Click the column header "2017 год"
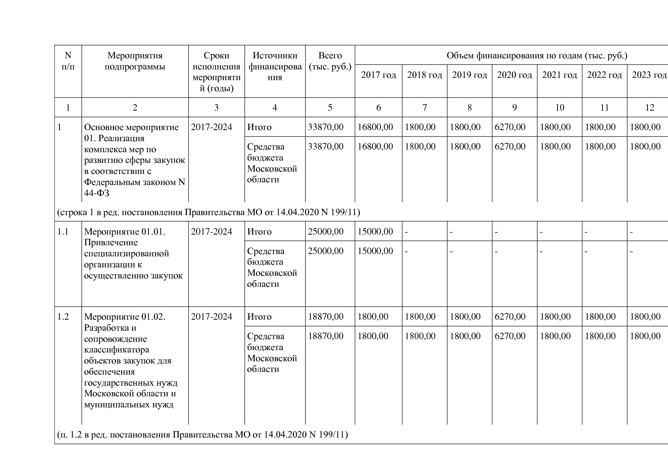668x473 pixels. pos(378,75)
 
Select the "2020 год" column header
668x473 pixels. pos(514,75)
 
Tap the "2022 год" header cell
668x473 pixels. pos(604,75)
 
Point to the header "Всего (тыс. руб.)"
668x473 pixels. pos(330,61)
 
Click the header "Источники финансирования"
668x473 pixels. pos(275,66)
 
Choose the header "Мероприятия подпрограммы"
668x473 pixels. pos(135,61)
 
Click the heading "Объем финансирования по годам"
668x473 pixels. pos(537,56)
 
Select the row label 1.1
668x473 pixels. pos(63,232)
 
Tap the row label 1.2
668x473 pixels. pos(63,317)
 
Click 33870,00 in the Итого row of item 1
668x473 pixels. pos(326,127)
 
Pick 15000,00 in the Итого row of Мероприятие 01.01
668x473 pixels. pos(375,232)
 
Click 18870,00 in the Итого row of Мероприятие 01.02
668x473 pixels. pos(326,317)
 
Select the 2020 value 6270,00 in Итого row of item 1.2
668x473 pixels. pos(510,317)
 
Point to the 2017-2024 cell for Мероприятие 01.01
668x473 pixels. pos(211,232)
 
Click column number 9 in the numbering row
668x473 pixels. pos(514,108)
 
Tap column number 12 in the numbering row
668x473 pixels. pos(649,108)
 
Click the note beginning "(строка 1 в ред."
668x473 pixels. pos(208,212)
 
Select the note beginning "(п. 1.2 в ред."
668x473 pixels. pos(202,434)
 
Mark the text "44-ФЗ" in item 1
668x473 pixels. pos(97,193)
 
